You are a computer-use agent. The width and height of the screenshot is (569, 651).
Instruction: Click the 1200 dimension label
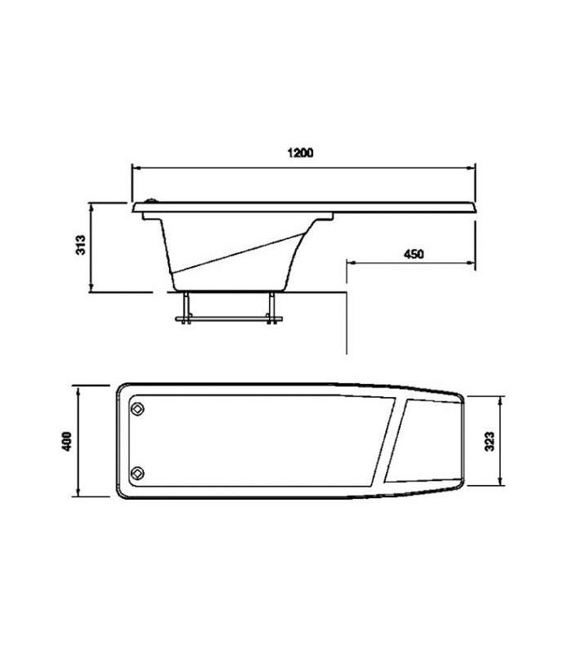[x=301, y=153]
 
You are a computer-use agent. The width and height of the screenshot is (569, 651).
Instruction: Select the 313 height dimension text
[x=80, y=245]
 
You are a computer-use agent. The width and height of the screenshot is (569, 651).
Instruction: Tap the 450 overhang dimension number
[x=414, y=254]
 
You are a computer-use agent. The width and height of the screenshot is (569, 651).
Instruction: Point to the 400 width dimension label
[x=67, y=441]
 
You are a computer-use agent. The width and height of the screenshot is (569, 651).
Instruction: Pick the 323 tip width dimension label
[x=489, y=441]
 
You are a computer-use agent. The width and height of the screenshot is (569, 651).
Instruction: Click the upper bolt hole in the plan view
[x=137, y=409]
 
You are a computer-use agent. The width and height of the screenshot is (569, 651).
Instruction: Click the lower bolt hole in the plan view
[x=137, y=473]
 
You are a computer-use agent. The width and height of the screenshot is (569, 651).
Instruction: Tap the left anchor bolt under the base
[x=187, y=308]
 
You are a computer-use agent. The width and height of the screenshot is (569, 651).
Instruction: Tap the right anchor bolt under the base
[x=271, y=308]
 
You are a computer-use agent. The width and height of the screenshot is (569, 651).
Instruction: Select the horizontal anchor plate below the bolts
[x=229, y=319]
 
